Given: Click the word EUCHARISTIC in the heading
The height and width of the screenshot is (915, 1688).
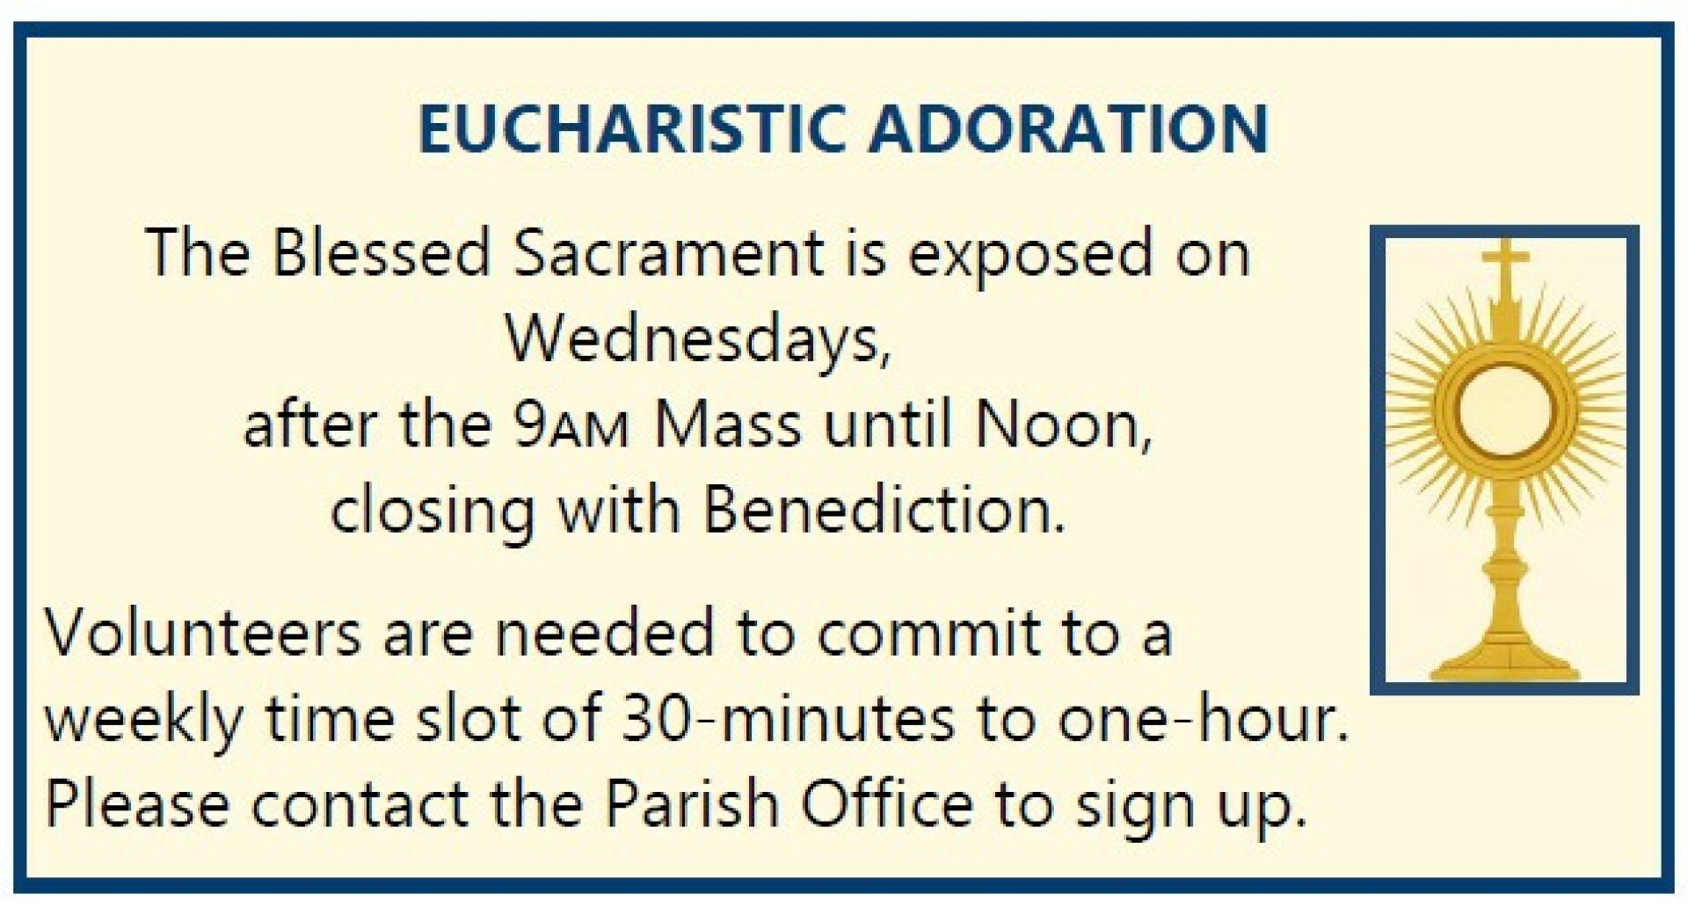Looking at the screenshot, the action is pyautogui.click(x=632, y=129).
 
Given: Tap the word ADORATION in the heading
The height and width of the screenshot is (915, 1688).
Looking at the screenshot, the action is pyautogui.click(x=1068, y=129).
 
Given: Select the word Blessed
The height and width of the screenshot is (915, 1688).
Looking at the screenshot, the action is pyautogui.click(x=381, y=253).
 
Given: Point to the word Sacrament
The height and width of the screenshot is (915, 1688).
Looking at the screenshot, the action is pyautogui.click(x=669, y=253).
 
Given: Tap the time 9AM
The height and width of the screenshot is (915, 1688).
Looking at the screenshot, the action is pyautogui.click(x=572, y=425).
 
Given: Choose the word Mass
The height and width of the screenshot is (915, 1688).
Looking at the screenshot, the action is pyautogui.click(x=728, y=425).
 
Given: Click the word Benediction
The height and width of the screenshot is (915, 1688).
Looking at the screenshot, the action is pyautogui.click(x=884, y=511).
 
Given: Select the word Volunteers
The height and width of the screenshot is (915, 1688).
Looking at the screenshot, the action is pyautogui.click(x=203, y=633).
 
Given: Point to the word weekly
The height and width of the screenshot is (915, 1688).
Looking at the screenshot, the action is pyautogui.click(x=144, y=719).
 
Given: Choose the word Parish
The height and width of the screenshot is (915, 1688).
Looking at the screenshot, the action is pyautogui.click(x=692, y=803).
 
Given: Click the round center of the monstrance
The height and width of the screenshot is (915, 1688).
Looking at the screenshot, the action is pyautogui.click(x=1504, y=409).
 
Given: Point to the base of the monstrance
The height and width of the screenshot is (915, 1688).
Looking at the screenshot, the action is pyautogui.click(x=1504, y=657).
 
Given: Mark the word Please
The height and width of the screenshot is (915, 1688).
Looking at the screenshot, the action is pyautogui.click(x=137, y=803).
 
